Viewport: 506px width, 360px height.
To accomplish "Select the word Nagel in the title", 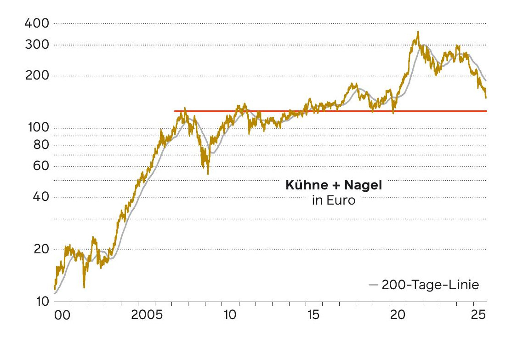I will click(363, 186).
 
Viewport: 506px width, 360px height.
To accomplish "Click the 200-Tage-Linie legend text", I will click(430, 285).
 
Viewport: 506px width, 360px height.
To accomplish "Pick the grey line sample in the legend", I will click(373, 286).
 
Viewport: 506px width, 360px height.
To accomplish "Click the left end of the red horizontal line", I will click(175, 111).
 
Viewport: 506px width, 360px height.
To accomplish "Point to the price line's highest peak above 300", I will click(418, 32).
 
